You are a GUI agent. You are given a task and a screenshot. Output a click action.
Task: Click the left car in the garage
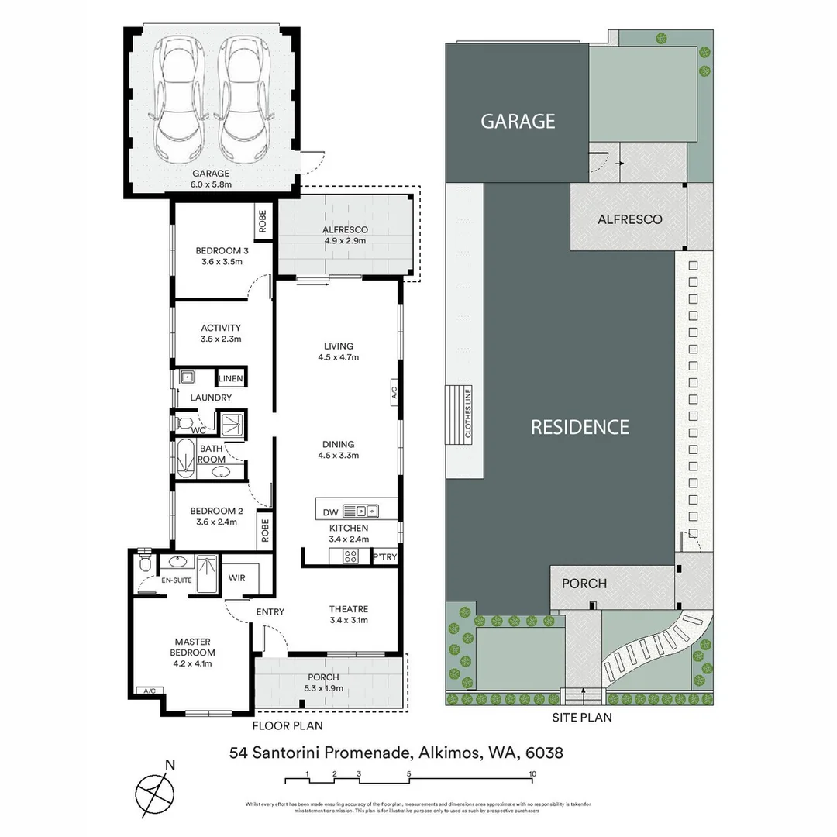point(180,100)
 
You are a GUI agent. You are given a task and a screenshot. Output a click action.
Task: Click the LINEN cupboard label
point(231,378)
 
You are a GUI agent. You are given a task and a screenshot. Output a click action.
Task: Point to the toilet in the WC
point(182,423)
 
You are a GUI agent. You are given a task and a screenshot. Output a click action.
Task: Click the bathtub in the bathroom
point(184,459)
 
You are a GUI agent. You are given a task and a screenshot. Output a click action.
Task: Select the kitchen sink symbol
point(360,511)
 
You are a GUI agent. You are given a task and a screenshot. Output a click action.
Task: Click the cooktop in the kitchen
point(350,556)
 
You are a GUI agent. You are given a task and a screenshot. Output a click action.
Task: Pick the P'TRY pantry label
point(384,557)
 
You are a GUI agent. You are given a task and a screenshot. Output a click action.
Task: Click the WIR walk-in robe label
point(237,577)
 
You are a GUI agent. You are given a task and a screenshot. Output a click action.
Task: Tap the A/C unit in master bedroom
point(146,691)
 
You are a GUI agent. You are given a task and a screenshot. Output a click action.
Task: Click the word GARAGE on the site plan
point(518,122)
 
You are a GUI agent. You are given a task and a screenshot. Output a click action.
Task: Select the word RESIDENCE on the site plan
point(580,427)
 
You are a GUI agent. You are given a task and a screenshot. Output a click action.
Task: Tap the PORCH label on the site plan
point(584,583)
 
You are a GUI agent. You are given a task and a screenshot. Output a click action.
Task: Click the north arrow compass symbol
point(154,790)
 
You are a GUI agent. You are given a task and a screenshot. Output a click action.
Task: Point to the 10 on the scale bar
point(532,773)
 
